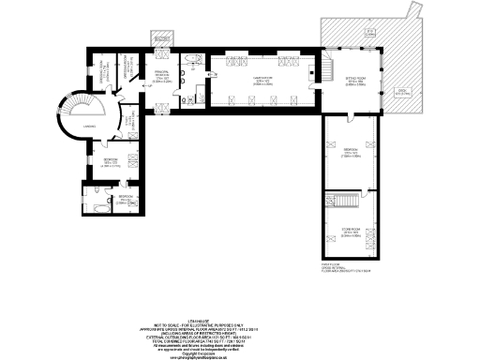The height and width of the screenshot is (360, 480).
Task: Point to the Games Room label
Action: coord(250,80)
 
